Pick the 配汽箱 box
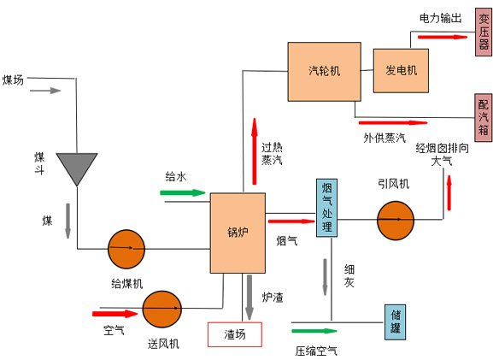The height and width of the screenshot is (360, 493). tap(483, 116)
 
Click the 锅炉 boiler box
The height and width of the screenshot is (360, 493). tap(237, 233)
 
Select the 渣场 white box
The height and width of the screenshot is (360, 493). tap(235, 334)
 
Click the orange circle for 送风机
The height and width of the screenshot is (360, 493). tap(161, 310)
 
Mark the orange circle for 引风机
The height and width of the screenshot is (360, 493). tap(395, 221)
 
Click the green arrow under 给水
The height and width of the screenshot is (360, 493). tap(183, 192)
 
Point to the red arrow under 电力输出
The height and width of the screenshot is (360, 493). tap(442, 37)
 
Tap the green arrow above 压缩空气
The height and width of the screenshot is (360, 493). tap(314, 330)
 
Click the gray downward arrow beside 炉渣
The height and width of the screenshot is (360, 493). tap(249, 294)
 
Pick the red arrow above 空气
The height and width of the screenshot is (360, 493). tap(109, 314)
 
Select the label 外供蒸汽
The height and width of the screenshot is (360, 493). tap(383, 137)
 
